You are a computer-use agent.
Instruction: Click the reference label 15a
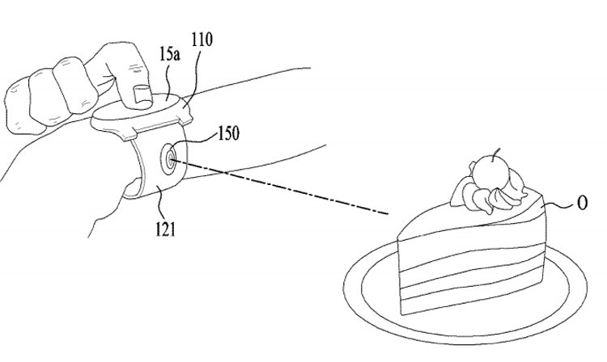tap(170, 55)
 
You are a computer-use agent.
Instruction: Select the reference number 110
tap(202, 39)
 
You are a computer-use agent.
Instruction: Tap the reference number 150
tap(229, 133)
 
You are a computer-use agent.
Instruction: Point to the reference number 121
tap(165, 229)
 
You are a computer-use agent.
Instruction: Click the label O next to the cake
tap(582, 203)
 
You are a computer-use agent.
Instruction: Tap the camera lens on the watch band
tap(170, 159)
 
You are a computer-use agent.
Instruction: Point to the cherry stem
tap(495, 155)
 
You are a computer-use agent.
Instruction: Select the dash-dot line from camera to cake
tap(278, 186)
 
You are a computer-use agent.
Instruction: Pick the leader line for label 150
tap(193, 142)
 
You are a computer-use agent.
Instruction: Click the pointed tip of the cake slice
tap(398, 238)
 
